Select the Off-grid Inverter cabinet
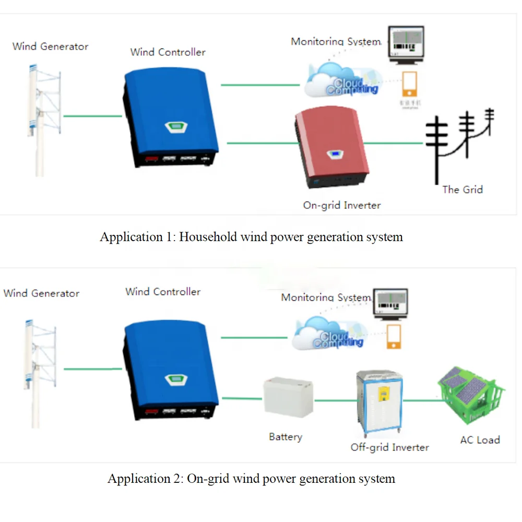379,405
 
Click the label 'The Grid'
462,189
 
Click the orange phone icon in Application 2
394,337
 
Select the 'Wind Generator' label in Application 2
41,293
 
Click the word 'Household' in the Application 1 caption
208,237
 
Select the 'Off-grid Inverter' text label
389,447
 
